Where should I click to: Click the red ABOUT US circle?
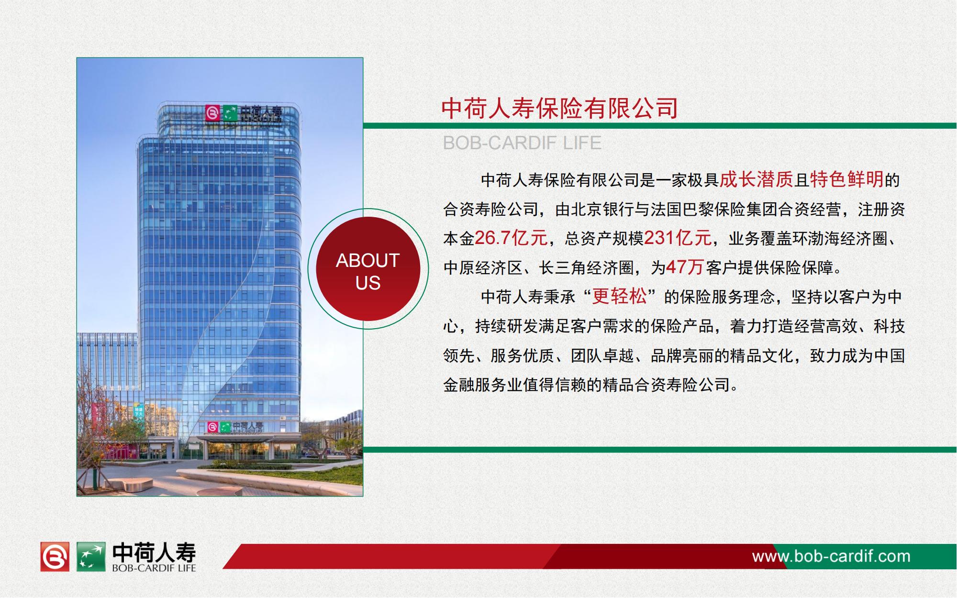pos(368,269)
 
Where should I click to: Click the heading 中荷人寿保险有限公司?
pos(559,108)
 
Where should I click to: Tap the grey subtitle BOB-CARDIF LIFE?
pos(522,143)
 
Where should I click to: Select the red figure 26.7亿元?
pos(511,238)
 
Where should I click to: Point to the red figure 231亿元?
pos(678,238)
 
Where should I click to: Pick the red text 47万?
pos(685,267)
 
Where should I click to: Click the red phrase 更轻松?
pos(619,297)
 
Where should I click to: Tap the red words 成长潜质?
pos(757,180)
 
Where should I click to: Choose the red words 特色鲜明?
pos(847,180)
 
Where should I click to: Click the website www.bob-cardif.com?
pos(831,556)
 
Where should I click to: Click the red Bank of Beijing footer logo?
pos(55,556)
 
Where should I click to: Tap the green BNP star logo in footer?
pos(91,556)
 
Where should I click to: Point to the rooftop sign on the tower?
pos(244,114)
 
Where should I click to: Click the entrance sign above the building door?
pos(235,427)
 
